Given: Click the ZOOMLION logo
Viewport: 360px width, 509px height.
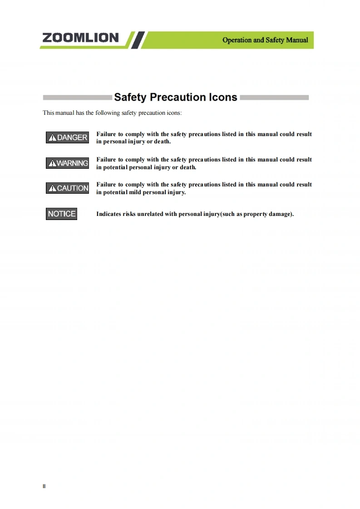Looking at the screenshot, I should [x=80, y=38].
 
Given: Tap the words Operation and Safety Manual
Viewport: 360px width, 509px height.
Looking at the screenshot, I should [x=265, y=40].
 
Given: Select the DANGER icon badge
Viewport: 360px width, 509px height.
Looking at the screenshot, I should [x=67, y=137].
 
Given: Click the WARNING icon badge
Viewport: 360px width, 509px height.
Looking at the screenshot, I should [x=67, y=163].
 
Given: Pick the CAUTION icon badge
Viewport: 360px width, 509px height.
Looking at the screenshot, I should [x=67, y=188].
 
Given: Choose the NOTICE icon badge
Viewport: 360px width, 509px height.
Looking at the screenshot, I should [x=62, y=214].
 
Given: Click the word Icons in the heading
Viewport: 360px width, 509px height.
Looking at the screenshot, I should [x=222, y=97].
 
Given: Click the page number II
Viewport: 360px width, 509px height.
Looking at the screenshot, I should [x=44, y=486].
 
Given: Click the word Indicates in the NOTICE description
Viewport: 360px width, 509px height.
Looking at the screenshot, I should [x=108, y=214].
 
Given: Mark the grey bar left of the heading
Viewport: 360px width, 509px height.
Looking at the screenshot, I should [x=77, y=98].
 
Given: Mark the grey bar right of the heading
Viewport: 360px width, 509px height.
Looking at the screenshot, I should [x=274, y=98].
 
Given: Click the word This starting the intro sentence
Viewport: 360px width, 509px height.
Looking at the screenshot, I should [x=49, y=113].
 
